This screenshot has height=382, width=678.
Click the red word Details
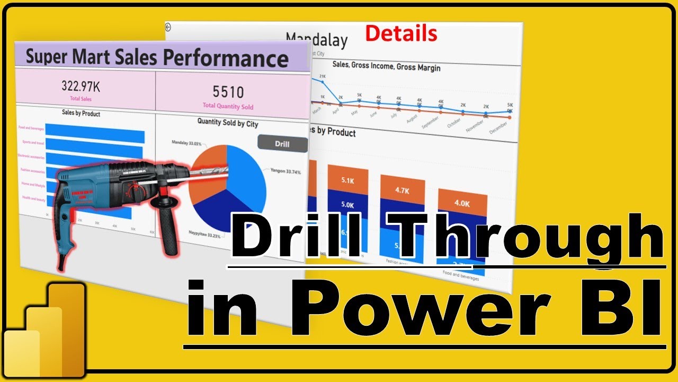402,34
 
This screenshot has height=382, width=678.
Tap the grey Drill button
282,144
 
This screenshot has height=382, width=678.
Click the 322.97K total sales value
84,86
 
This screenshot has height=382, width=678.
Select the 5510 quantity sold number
228,92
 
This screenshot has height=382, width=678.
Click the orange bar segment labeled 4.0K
462,203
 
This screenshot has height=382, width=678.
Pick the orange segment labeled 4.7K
402,190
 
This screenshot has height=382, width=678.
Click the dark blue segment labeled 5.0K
347,205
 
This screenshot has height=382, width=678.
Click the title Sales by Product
81,113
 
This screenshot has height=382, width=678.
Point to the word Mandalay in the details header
317,40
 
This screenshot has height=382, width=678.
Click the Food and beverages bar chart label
31,127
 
